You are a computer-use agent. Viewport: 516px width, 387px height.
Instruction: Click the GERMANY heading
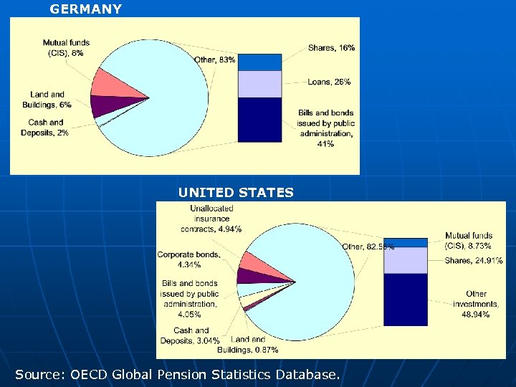85,9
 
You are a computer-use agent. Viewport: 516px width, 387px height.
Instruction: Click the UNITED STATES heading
236,192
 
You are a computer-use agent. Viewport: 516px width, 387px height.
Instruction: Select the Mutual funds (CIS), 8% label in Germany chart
66,48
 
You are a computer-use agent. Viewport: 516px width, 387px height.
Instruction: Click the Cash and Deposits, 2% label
45,128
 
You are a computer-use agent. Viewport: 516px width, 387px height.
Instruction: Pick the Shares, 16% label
331,48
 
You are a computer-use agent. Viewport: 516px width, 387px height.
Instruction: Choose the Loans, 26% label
329,82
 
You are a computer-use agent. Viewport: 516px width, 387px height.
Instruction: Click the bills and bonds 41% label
326,128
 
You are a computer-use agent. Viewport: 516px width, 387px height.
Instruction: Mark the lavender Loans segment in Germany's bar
259,84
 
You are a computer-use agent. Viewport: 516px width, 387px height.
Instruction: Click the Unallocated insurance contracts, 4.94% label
211,219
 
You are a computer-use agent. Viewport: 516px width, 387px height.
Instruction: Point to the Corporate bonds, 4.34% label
189,259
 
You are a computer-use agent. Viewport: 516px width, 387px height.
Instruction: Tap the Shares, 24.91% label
473,260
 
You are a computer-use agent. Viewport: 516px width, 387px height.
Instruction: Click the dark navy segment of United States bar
405,300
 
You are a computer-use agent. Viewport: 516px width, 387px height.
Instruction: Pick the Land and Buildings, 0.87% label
250,345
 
